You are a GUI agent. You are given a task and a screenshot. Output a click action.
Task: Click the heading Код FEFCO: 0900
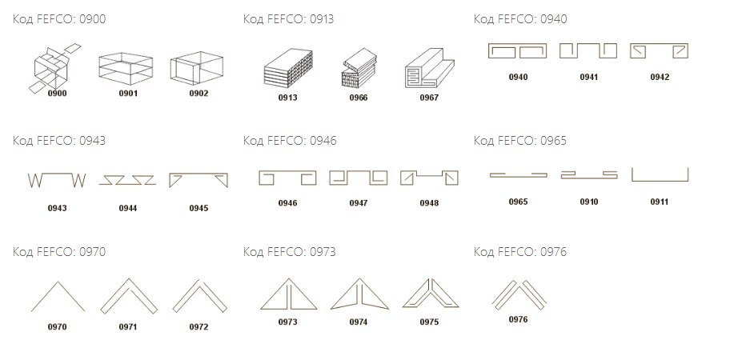click(59, 19)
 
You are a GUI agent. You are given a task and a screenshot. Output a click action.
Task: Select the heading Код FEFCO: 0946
click(290, 141)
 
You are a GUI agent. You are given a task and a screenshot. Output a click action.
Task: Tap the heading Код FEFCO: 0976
click(520, 252)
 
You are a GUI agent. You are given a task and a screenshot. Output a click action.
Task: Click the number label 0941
click(588, 78)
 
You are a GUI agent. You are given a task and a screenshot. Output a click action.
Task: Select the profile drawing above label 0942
click(660, 52)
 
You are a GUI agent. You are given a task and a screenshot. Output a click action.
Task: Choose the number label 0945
click(199, 209)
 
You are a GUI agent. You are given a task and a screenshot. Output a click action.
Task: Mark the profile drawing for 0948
click(429, 178)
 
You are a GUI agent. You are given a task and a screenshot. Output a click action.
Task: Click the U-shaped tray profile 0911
click(660, 175)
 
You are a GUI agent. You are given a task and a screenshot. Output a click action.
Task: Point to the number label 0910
click(589, 202)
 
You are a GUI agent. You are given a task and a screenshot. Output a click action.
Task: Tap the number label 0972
click(199, 327)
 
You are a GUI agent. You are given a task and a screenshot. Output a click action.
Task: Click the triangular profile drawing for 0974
click(359, 294)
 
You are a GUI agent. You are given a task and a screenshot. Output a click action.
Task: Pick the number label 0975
click(429, 322)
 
